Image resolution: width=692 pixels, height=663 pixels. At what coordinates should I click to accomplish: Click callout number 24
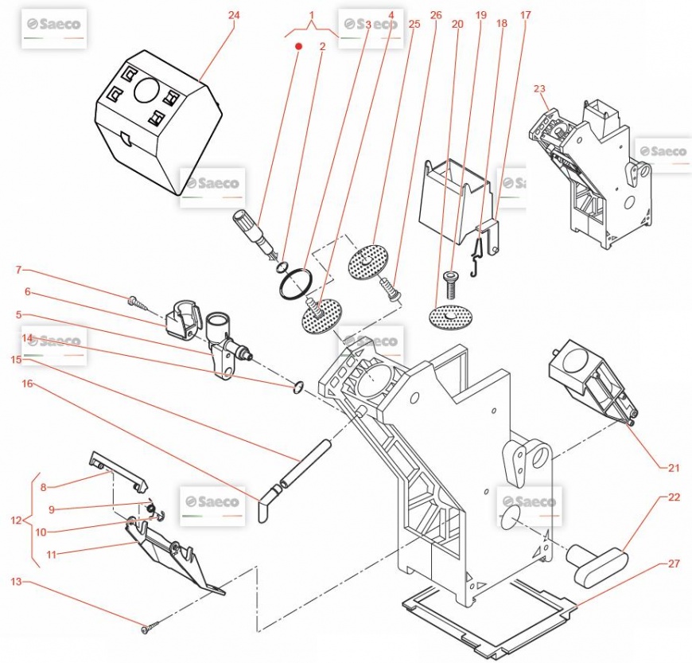(x=234, y=15)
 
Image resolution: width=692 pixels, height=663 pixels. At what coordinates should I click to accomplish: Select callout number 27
(x=674, y=564)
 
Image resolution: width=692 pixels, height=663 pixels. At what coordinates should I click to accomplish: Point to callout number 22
(x=674, y=497)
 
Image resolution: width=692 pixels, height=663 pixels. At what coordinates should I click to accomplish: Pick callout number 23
(x=539, y=89)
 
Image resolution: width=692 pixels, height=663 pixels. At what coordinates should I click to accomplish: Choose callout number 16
(x=28, y=384)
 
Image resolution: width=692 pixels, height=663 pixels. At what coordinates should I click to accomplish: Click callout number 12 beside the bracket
(x=16, y=521)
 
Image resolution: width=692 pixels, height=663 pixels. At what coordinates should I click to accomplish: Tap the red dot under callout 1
(x=299, y=47)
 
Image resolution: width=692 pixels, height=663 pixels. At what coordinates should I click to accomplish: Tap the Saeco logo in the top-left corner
(x=52, y=25)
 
